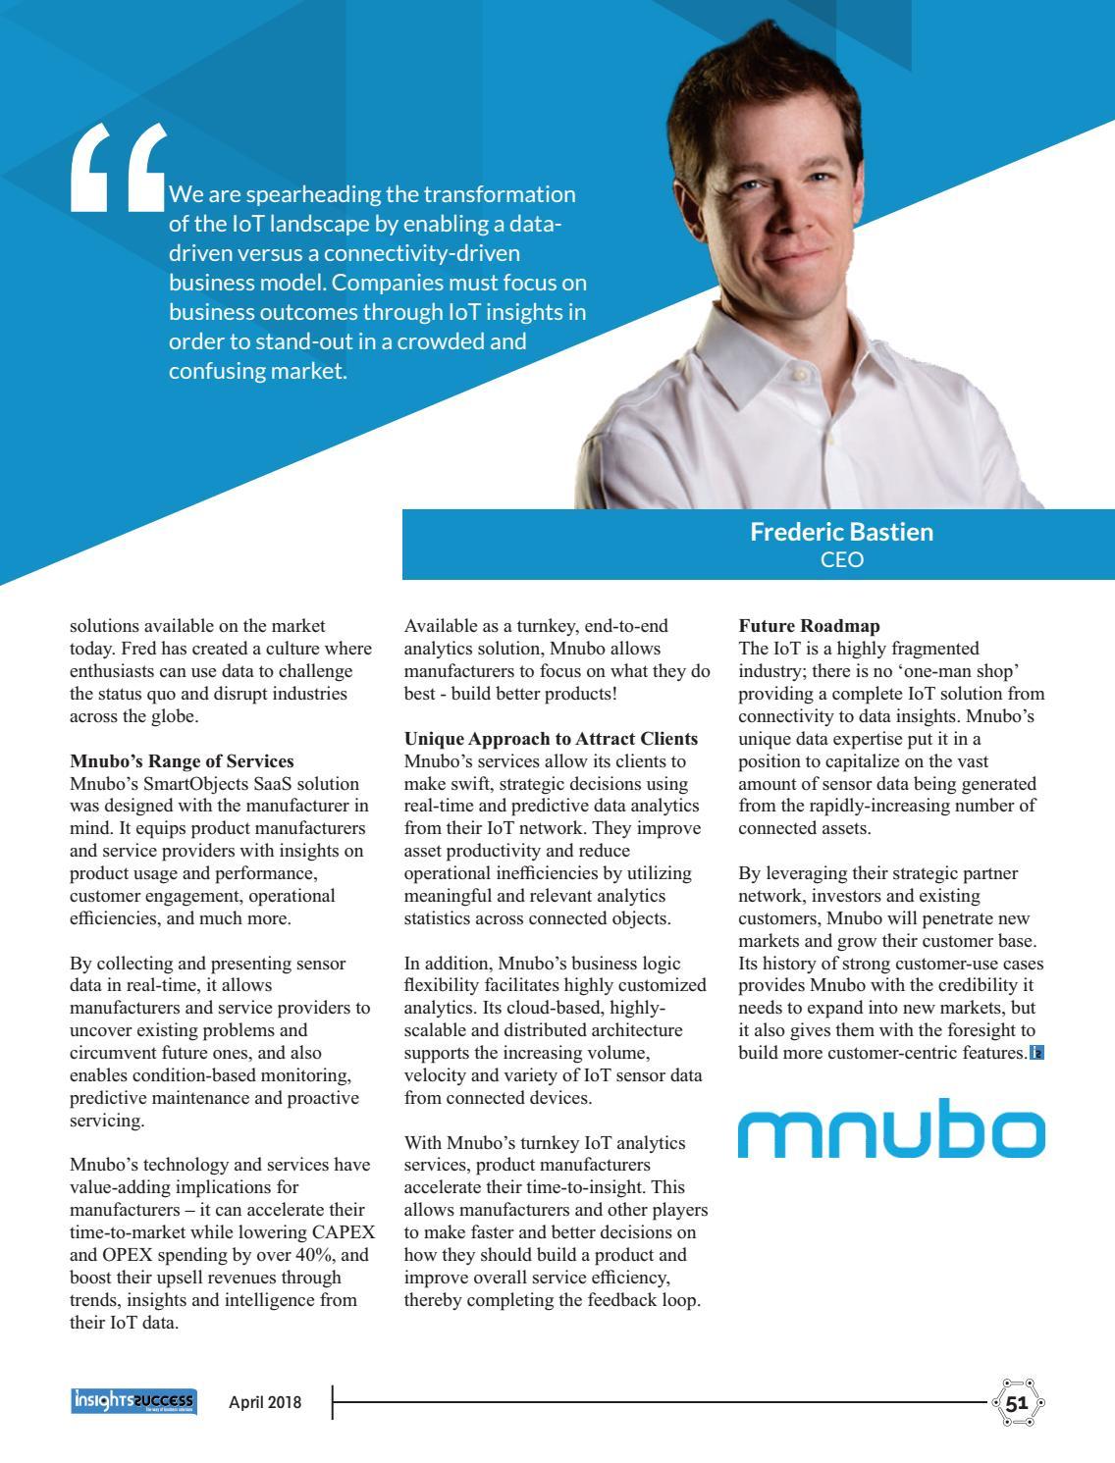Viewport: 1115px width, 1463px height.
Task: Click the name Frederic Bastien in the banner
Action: [841, 532]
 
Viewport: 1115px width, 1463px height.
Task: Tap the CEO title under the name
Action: [841, 559]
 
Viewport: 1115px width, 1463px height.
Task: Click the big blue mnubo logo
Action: [891, 1132]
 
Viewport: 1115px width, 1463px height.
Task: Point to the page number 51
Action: [1016, 1402]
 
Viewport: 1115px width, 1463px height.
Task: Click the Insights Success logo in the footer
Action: [133, 1401]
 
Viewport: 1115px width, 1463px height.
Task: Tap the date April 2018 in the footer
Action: [265, 1402]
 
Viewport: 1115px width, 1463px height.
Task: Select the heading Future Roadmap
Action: [809, 626]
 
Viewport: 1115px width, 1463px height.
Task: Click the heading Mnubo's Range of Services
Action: [182, 761]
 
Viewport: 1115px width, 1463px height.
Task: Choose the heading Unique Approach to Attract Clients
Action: [551, 739]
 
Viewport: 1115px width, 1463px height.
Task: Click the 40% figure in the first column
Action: [313, 1255]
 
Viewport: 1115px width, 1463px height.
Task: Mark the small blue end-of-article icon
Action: [1036, 1053]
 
